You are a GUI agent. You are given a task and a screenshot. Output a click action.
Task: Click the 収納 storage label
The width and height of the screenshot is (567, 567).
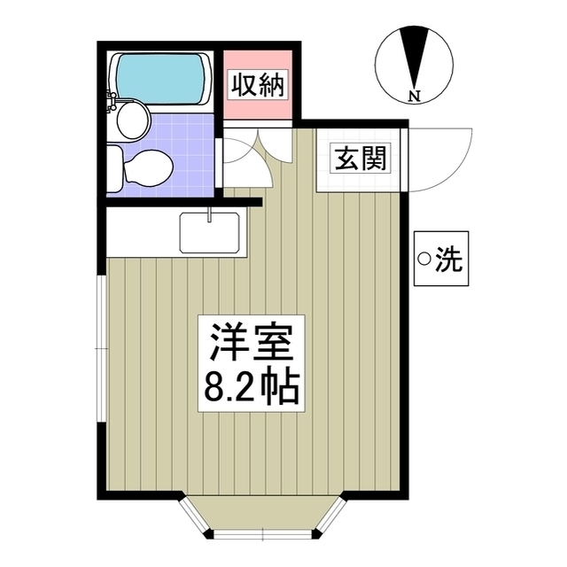point(257,86)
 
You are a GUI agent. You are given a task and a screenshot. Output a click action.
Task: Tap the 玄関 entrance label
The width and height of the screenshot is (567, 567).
point(359,159)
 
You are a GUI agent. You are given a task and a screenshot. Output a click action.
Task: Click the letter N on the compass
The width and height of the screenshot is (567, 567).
point(415,95)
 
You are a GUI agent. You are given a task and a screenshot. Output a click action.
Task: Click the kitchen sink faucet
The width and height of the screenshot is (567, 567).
point(209,214)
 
